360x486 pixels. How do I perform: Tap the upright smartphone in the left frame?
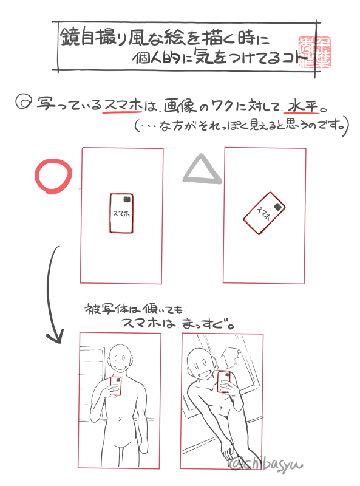121,213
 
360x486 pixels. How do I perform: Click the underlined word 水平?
302,106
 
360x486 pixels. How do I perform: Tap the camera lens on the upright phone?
127,200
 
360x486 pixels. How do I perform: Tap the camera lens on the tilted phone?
277,207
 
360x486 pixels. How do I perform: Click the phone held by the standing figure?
116,385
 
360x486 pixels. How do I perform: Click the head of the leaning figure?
200,363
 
